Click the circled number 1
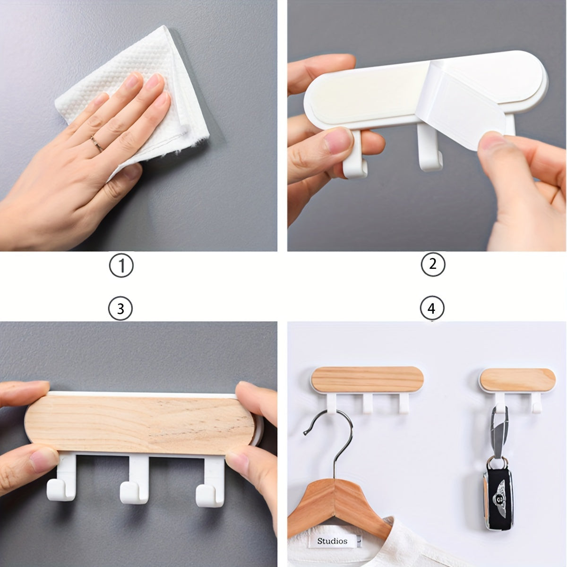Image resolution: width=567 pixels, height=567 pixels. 121,266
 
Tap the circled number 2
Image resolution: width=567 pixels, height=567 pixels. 432,264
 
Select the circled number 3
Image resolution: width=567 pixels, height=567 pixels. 120,309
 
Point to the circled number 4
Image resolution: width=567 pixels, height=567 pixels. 432,308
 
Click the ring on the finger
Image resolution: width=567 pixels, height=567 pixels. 97,143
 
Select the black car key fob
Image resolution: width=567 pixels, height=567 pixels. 498,497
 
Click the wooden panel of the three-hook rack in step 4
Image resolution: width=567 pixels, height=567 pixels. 368,379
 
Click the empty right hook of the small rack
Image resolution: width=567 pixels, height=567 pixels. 537,403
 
